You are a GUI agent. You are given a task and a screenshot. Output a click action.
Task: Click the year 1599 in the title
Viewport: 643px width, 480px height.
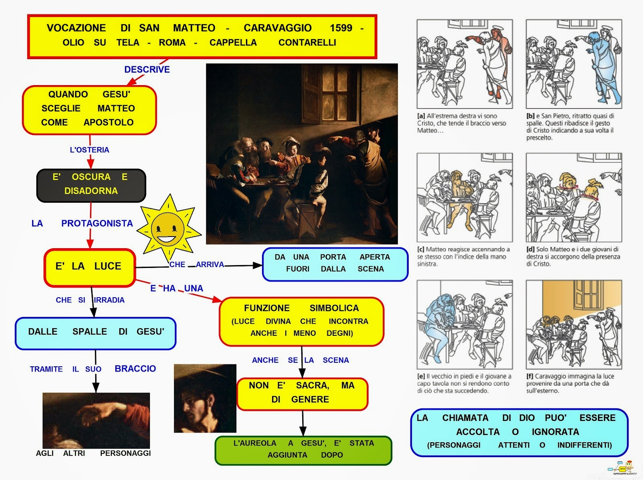(341, 28)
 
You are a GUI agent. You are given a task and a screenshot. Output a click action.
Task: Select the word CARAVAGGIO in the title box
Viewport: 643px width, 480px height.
(277, 28)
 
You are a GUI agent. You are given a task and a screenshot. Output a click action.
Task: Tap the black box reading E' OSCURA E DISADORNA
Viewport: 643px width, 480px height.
(91, 184)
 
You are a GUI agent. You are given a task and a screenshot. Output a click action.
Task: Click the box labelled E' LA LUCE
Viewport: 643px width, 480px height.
(89, 267)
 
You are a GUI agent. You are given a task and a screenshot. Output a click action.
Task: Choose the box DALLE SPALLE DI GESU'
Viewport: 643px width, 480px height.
(96, 332)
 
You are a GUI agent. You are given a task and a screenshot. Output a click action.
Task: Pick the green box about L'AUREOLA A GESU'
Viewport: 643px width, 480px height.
(303, 449)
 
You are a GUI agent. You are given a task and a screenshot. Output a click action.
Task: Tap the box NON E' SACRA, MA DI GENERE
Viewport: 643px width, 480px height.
(302, 393)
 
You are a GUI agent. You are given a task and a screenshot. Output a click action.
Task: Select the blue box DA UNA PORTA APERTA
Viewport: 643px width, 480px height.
(334, 263)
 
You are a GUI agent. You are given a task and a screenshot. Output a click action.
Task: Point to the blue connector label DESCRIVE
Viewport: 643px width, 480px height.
(147, 69)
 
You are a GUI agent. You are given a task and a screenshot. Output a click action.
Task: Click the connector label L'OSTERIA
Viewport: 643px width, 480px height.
(89, 150)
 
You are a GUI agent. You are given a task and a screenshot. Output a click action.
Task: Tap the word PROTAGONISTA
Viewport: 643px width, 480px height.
(97, 223)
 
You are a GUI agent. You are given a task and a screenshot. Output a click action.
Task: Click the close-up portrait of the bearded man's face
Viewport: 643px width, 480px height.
(205, 398)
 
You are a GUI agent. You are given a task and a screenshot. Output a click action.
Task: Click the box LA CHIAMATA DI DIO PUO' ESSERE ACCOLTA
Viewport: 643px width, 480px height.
(519, 432)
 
